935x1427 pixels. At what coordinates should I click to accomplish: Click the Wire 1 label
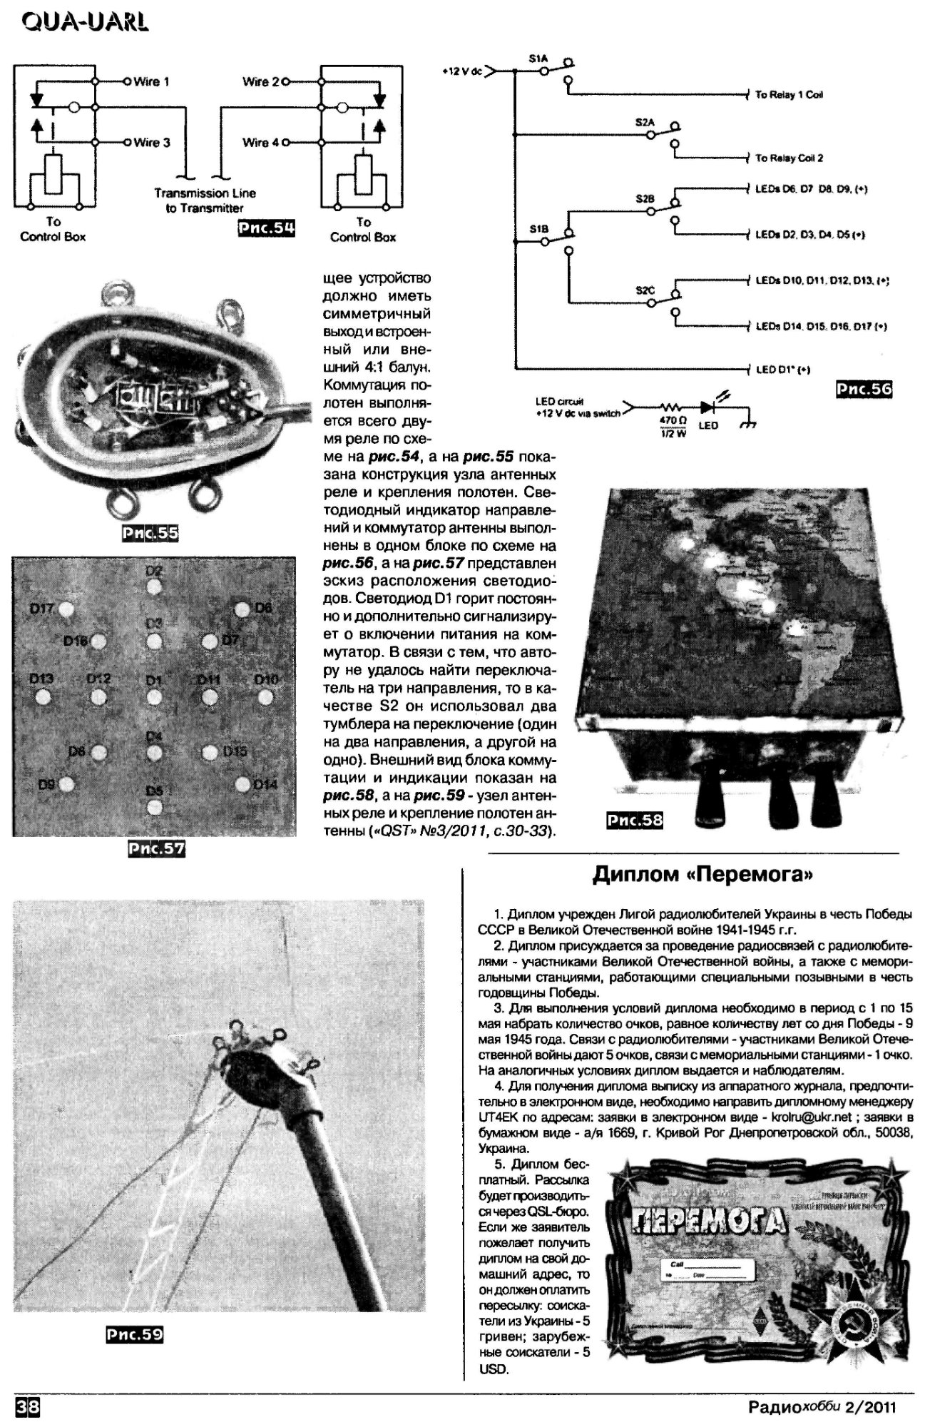[151, 81]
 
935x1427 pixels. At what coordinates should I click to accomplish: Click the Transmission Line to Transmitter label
[205, 200]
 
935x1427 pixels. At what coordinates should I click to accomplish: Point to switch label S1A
[538, 61]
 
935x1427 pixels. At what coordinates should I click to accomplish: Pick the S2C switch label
[645, 290]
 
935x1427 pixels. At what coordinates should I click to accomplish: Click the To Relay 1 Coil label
[789, 95]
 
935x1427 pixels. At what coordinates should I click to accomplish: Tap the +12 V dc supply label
[462, 72]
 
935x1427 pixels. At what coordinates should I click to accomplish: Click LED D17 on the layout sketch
[66, 611]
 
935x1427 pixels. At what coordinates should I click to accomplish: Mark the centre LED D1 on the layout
[154, 696]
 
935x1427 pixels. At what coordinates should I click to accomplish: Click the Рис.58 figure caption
[634, 821]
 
